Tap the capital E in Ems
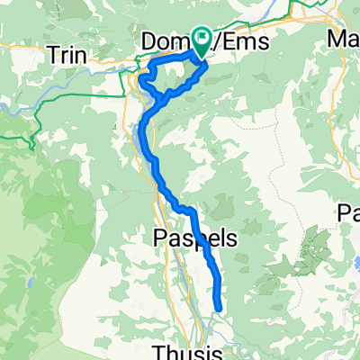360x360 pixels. pos(220,41)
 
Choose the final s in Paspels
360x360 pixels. pos(231,238)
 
